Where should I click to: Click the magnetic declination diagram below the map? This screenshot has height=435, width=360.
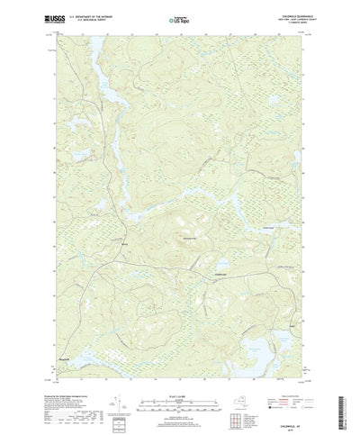pos(135,396)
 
